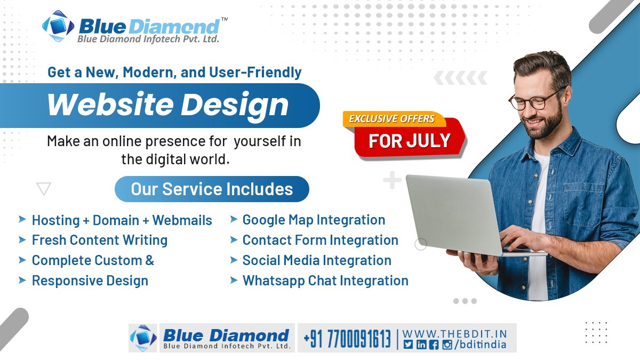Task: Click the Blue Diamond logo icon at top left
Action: point(58,27)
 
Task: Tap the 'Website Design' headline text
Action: point(167,105)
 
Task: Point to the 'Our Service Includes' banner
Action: point(212,189)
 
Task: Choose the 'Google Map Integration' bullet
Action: point(314,220)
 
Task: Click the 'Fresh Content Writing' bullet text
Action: point(100,240)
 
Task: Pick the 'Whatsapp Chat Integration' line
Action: point(325,281)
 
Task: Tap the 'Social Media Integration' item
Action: point(317,260)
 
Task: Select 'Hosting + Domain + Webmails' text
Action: point(122,220)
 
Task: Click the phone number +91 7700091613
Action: point(347,338)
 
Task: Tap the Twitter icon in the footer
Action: point(408,345)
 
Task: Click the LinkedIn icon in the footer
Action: point(421,345)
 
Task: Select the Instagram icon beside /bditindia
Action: point(446,345)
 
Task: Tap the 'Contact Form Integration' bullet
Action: point(320,240)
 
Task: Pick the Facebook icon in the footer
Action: point(434,345)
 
